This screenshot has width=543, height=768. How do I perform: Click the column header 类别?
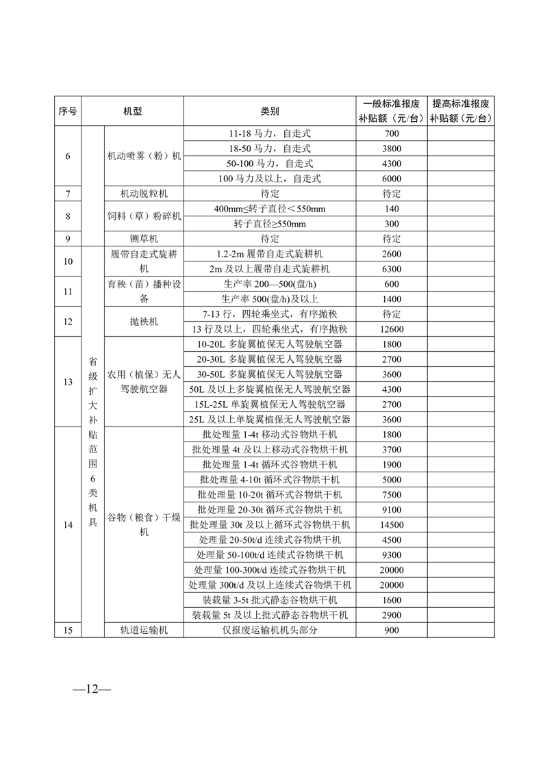coord(270,111)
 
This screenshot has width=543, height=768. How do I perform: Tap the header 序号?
coord(68,111)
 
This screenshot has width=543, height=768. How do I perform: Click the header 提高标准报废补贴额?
coord(460,111)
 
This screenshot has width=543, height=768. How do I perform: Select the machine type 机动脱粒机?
coord(144,194)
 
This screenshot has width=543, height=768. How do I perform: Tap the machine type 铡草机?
coord(144,239)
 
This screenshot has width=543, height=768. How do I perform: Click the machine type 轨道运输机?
coord(144,630)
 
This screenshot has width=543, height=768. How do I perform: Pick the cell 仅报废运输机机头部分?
coord(270,630)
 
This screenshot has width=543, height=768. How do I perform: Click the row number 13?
coord(68,382)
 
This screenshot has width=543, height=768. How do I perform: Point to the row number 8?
coord(68,216)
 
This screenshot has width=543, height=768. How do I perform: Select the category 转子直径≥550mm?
coord(270,224)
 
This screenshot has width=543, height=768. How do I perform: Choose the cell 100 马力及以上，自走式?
coord(270,179)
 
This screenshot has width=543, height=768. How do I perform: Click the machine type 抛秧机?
coord(144,322)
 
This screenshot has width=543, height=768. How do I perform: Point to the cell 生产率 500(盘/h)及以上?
coord(270,299)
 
